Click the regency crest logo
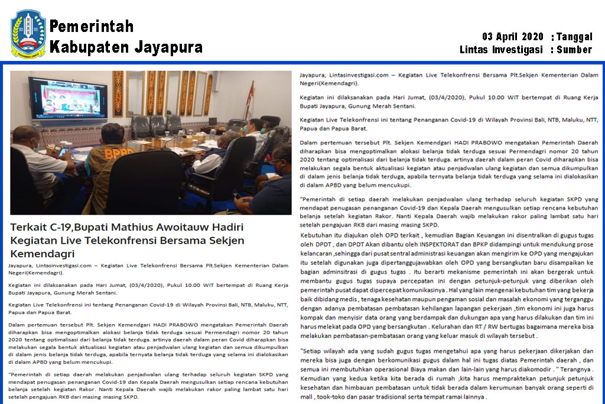click(x=28, y=33)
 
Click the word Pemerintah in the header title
click(x=92, y=27)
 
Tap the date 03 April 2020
click(x=513, y=37)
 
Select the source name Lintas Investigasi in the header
click(x=501, y=50)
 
